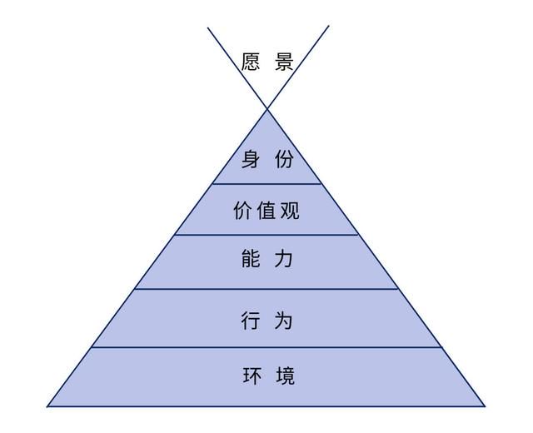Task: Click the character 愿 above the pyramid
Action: coord(251,62)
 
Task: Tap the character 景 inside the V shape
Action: coord(284,62)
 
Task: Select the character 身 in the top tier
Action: coord(251,159)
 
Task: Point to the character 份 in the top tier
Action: coord(284,159)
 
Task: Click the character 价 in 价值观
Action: coord(243,211)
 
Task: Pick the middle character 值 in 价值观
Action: coord(266,211)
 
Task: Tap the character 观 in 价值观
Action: coord(289,211)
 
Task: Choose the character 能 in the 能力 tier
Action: coord(251,259)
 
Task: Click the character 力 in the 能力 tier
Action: coord(283,259)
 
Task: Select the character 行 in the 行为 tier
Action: coord(251,320)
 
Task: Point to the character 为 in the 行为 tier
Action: coord(283,320)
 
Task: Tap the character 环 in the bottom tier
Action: coord(252,376)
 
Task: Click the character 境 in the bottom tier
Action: coord(285,376)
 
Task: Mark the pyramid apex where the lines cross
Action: coord(267,109)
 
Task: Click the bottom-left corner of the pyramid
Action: coord(47,406)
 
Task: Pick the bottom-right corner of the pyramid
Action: coord(485,406)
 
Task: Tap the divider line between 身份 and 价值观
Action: coord(266,184)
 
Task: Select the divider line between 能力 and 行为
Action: coord(266,289)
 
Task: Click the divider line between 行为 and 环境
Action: coord(266,347)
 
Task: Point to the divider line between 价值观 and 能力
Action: coord(266,235)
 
